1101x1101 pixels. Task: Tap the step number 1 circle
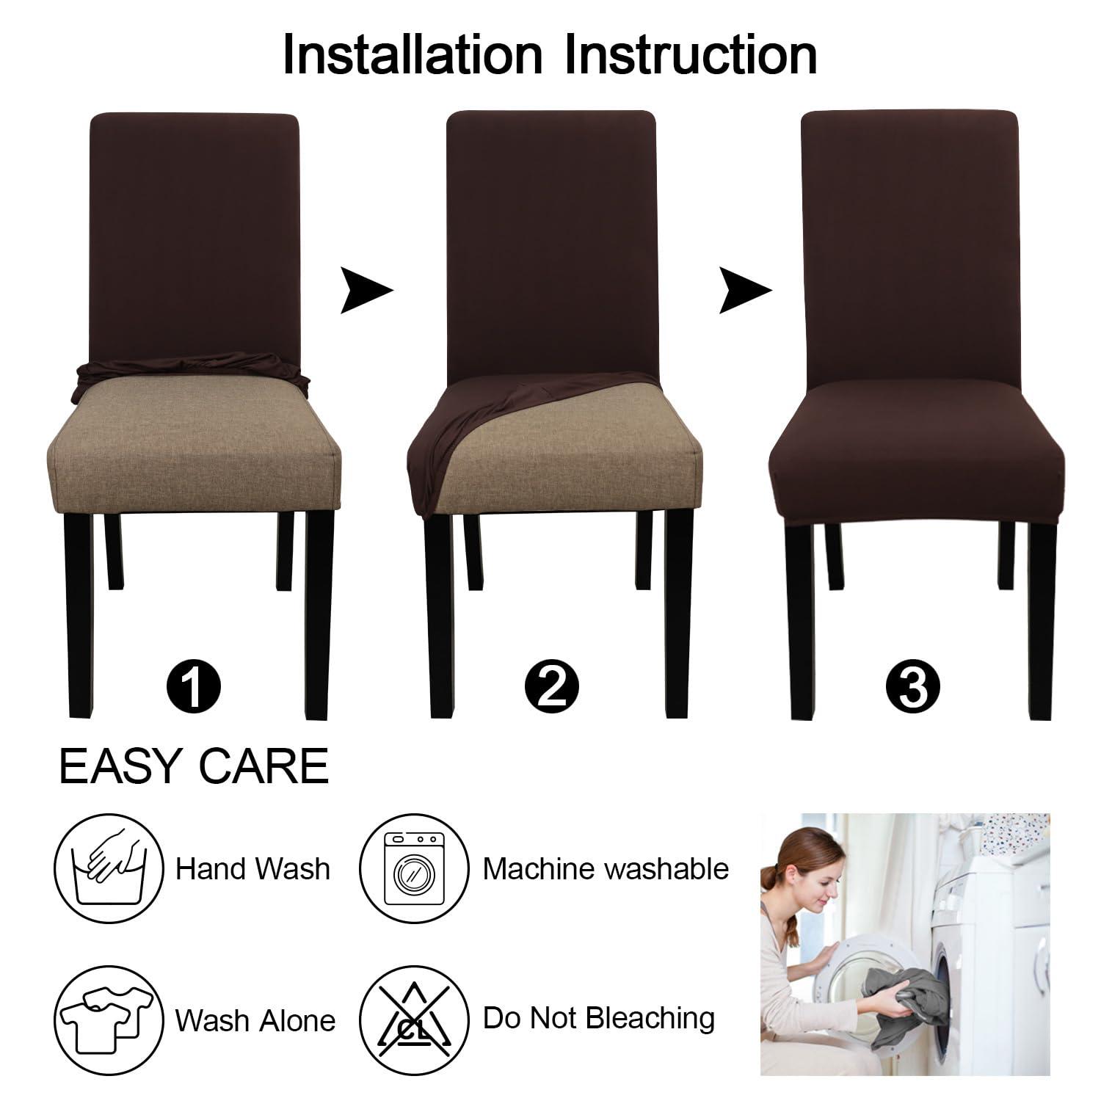pos(192,687)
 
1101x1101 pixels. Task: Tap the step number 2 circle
pos(552,687)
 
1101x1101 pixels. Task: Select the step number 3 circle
pos(912,687)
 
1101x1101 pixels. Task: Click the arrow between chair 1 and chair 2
pos(366,291)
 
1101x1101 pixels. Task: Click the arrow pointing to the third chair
pos(744,291)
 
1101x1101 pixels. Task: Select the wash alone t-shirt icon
pos(109,1017)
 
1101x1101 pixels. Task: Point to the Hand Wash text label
pos(252,869)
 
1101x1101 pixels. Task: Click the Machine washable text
pos(606,869)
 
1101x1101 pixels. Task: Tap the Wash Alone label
pos(255,1020)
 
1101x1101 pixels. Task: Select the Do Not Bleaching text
pos(598,1018)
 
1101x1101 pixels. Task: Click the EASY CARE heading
pos(194,766)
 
